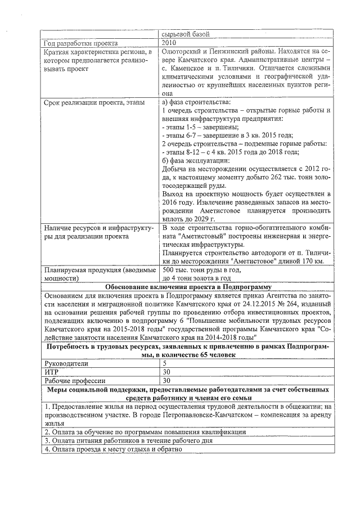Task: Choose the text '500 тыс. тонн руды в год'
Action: [x=201, y=270]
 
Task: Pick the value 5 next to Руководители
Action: [x=164, y=363]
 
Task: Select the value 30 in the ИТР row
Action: [x=166, y=372]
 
